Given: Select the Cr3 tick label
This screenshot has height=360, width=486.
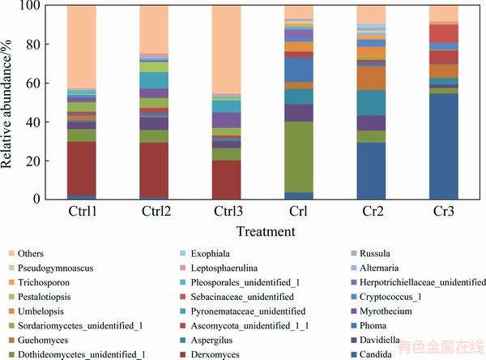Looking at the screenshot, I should point(446,212).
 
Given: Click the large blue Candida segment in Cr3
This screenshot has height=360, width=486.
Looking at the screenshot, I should point(446,146).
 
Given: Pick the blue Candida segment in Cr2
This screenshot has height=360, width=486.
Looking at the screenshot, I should point(373,170).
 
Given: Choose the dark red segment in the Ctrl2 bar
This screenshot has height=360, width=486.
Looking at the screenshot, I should point(154,170).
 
